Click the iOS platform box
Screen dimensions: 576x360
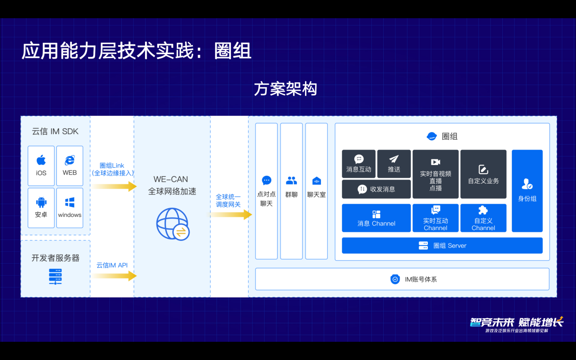coord(41,166)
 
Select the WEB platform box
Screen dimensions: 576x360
coord(70,166)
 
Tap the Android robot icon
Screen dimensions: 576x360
coord(41,202)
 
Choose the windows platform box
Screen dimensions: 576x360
coord(70,208)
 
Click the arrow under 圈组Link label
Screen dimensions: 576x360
coord(115,186)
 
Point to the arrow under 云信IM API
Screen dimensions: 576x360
coord(115,276)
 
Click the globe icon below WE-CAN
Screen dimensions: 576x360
coord(173,224)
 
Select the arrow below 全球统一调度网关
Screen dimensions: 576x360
coord(230,215)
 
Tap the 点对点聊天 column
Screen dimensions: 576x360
coord(266,191)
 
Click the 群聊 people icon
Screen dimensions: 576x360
coord(291,180)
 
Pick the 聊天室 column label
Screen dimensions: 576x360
coord(316,195)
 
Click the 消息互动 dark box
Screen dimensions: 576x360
coord(359,164)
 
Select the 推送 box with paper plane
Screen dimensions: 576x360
coord(394,164)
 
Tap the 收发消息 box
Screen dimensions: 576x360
coord(376,189)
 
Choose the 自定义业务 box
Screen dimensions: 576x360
coord(483,174)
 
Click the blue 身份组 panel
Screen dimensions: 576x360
coord(527,191)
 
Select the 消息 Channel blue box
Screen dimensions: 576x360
coord(376,218)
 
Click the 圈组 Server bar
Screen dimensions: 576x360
coord(442,245)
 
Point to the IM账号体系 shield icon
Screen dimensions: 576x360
coord(395,279)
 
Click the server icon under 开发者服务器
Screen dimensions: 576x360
coord(55,277)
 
